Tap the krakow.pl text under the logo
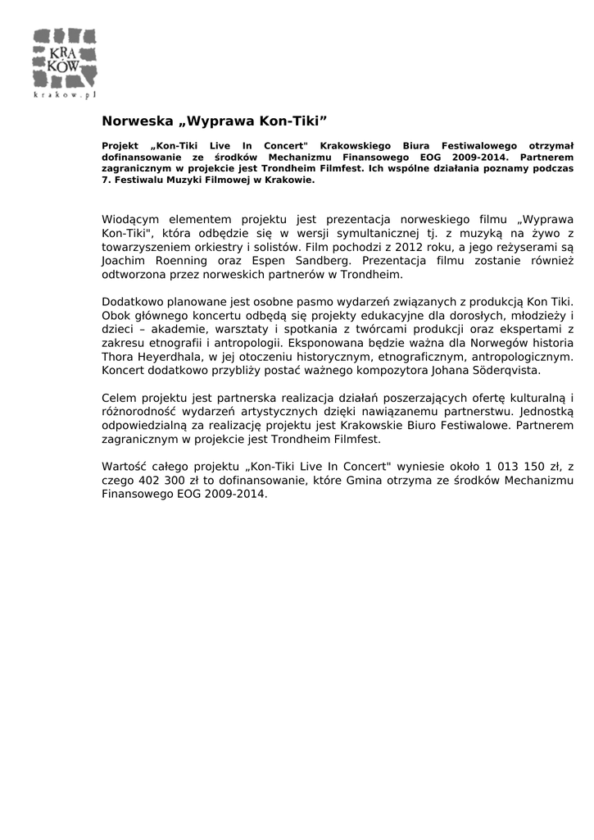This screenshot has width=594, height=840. tap(65, 95)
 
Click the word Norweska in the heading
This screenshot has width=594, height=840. tap(137, 121)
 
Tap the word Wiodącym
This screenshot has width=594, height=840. tap(132, 220)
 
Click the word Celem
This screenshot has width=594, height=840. tap(119, 398)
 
